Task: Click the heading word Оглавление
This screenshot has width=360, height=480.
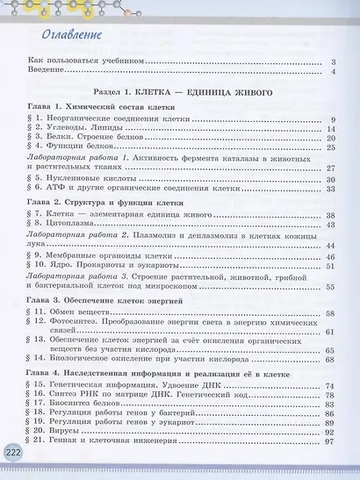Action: tap(65, 35)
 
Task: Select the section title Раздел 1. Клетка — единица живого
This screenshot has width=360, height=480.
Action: tap(179, 92)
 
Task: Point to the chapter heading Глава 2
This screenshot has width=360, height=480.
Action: tap(98, 203)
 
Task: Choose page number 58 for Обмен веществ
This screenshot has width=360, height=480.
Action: tap(331, 313)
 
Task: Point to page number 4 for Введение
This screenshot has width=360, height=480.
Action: tap(334, 72)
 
